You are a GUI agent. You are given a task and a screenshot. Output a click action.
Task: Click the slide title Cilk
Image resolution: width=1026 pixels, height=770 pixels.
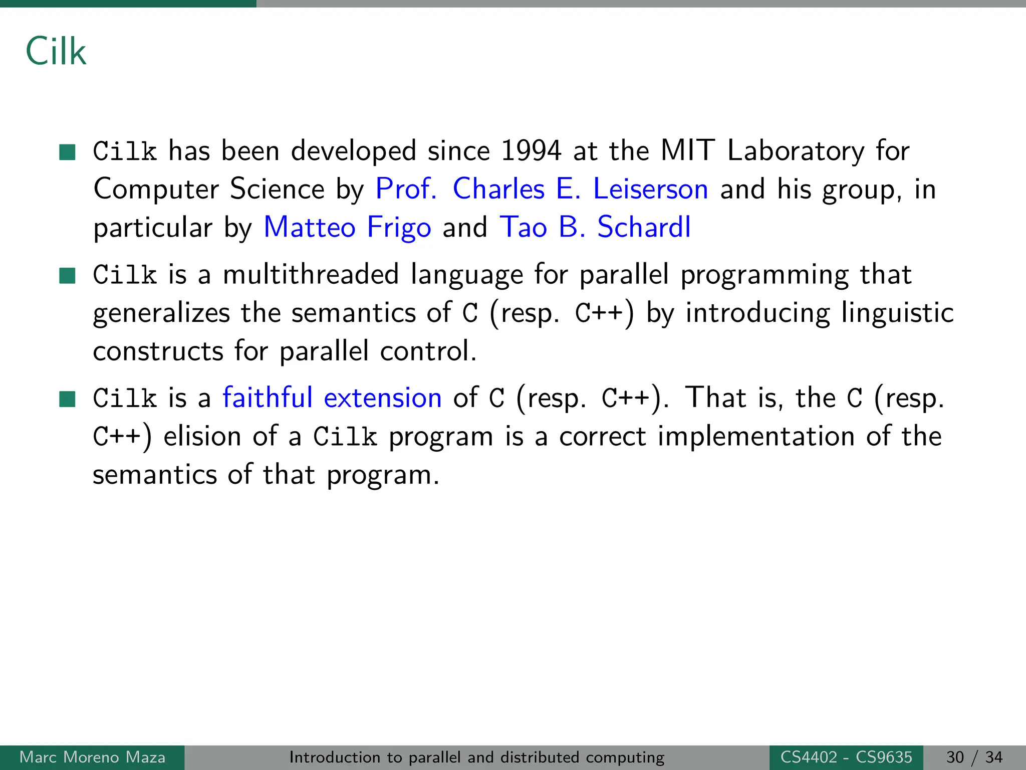56,52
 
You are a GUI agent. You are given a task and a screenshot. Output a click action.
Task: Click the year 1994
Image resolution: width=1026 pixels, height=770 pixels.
531,151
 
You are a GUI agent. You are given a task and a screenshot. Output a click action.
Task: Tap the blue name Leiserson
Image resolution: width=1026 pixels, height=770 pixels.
650,189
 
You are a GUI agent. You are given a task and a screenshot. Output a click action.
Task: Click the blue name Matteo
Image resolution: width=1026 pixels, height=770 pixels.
310,228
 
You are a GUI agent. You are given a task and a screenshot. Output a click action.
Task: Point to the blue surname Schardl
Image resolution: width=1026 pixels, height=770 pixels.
644,228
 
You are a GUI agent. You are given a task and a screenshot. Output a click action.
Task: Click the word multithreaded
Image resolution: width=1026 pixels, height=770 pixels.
311,275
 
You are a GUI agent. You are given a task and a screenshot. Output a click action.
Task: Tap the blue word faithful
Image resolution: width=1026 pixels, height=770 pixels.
268,398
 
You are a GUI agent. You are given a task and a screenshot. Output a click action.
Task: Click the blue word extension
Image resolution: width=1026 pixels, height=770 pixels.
383,398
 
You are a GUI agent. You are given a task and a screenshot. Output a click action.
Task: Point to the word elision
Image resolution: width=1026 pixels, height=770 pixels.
203,436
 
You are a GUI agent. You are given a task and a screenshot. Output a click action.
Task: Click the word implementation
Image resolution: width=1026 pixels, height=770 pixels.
756,436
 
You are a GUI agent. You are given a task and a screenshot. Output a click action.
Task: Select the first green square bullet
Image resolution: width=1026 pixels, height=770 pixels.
67,151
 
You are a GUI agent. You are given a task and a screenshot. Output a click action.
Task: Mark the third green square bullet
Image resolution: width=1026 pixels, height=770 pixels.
67,399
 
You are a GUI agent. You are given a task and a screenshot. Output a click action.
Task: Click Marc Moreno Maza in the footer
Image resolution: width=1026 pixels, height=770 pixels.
92,757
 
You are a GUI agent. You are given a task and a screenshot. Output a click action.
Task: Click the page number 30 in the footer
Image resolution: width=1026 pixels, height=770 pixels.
955,757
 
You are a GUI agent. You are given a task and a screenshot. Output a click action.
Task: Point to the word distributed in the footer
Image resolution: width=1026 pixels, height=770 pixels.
540,757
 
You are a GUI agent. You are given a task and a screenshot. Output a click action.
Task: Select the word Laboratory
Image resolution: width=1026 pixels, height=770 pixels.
796,151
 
